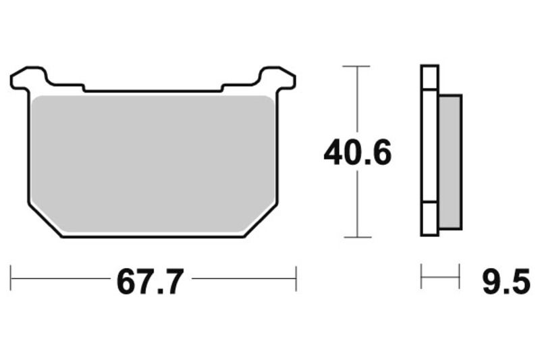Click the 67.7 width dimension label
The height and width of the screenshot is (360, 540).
click(x=150, y=281)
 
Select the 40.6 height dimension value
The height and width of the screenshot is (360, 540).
click(x=357, y=153)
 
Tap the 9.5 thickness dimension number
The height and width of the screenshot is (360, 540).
click(x=506, y=281)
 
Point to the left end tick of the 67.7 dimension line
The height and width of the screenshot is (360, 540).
click(x=11, y=278)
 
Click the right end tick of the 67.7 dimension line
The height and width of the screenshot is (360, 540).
click(x=296, y=278)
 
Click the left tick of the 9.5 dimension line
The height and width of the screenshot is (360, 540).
click(x=421, y=277)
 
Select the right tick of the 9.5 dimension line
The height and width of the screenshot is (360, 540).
click(x=459, y=277)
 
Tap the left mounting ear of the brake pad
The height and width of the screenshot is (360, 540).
click(x=28, y=78)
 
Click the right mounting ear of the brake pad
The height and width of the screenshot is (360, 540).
click(x=278, y=78)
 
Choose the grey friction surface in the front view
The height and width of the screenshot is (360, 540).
click(x=153, y=162)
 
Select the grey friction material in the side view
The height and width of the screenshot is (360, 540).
click(x=450, y=162)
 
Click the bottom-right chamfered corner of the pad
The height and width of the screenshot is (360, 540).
click(x=261, y=220)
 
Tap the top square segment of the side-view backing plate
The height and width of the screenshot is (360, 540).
click(x=429, y=77)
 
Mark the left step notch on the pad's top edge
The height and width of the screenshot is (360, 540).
click(x=83, y=87)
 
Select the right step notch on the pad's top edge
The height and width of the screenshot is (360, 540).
click(x=223, y=87)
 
